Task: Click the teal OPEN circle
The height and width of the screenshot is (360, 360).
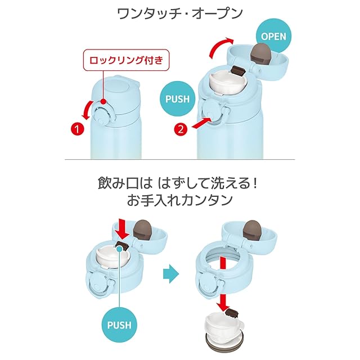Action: (x=274, y=36)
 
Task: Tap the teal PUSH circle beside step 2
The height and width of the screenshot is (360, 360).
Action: (x=178, y=99)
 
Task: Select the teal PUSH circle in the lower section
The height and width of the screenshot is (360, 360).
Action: (x=119, y=325)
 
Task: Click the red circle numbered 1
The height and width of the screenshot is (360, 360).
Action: (x=78, y=129)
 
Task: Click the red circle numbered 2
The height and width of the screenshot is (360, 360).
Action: (x=181, y=129)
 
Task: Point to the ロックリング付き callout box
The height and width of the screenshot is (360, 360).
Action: (x=126, y=60)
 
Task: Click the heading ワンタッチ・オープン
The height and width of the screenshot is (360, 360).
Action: (x=180, y=13)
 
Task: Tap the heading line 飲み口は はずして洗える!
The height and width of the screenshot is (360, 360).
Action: (x=178, y=183)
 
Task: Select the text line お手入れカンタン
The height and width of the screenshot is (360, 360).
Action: (x=180, y=200)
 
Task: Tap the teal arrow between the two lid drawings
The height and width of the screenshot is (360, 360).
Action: (x=171, y=274)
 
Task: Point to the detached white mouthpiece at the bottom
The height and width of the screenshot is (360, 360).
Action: (x=224, y=326)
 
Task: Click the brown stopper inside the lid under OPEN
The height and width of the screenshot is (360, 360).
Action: (x=261, y=54)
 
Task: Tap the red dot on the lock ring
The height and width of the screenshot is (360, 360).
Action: (x=103, y=101)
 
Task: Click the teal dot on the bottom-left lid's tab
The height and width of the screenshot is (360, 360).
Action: (x=119, y=248)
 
